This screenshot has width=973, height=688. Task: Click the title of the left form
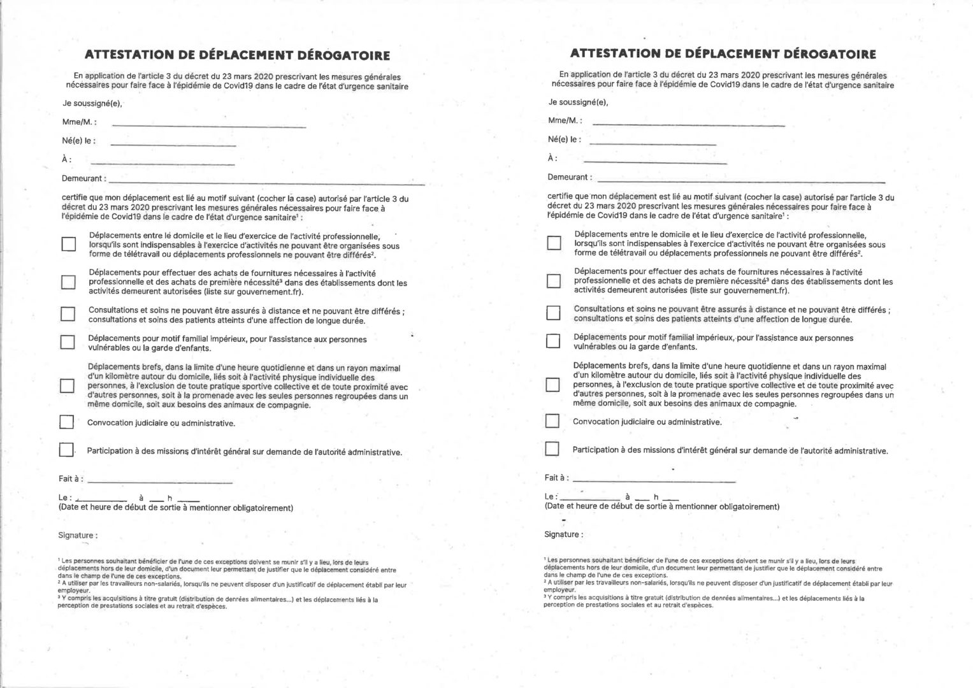(x=237, y=55)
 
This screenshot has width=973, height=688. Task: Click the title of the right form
(x=723, y=54)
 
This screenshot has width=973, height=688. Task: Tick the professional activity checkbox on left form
(x=68, y=244)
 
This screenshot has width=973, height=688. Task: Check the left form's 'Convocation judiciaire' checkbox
(x=66, y=422)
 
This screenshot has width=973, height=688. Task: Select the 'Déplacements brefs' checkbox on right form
(x=554, y=385)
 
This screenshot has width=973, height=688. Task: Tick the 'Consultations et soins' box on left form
(x=68, y=313)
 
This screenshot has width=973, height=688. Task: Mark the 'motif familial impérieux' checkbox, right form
(x=553, y=341)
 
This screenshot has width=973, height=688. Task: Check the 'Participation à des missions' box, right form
(x=552, y=449)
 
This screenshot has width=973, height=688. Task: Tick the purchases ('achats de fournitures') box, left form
(x=68, y=282)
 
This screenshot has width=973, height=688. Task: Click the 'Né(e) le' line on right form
(x=650, y=144)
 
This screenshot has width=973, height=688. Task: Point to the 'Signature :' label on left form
(x=78, y=536)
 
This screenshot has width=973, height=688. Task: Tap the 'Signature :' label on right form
(x=563, y=534)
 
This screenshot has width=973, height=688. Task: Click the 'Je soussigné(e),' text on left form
(x=92, y=103)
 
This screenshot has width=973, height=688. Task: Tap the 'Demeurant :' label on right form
(x=569, y=177)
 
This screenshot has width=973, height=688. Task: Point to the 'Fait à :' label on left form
(x=71, y=479)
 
